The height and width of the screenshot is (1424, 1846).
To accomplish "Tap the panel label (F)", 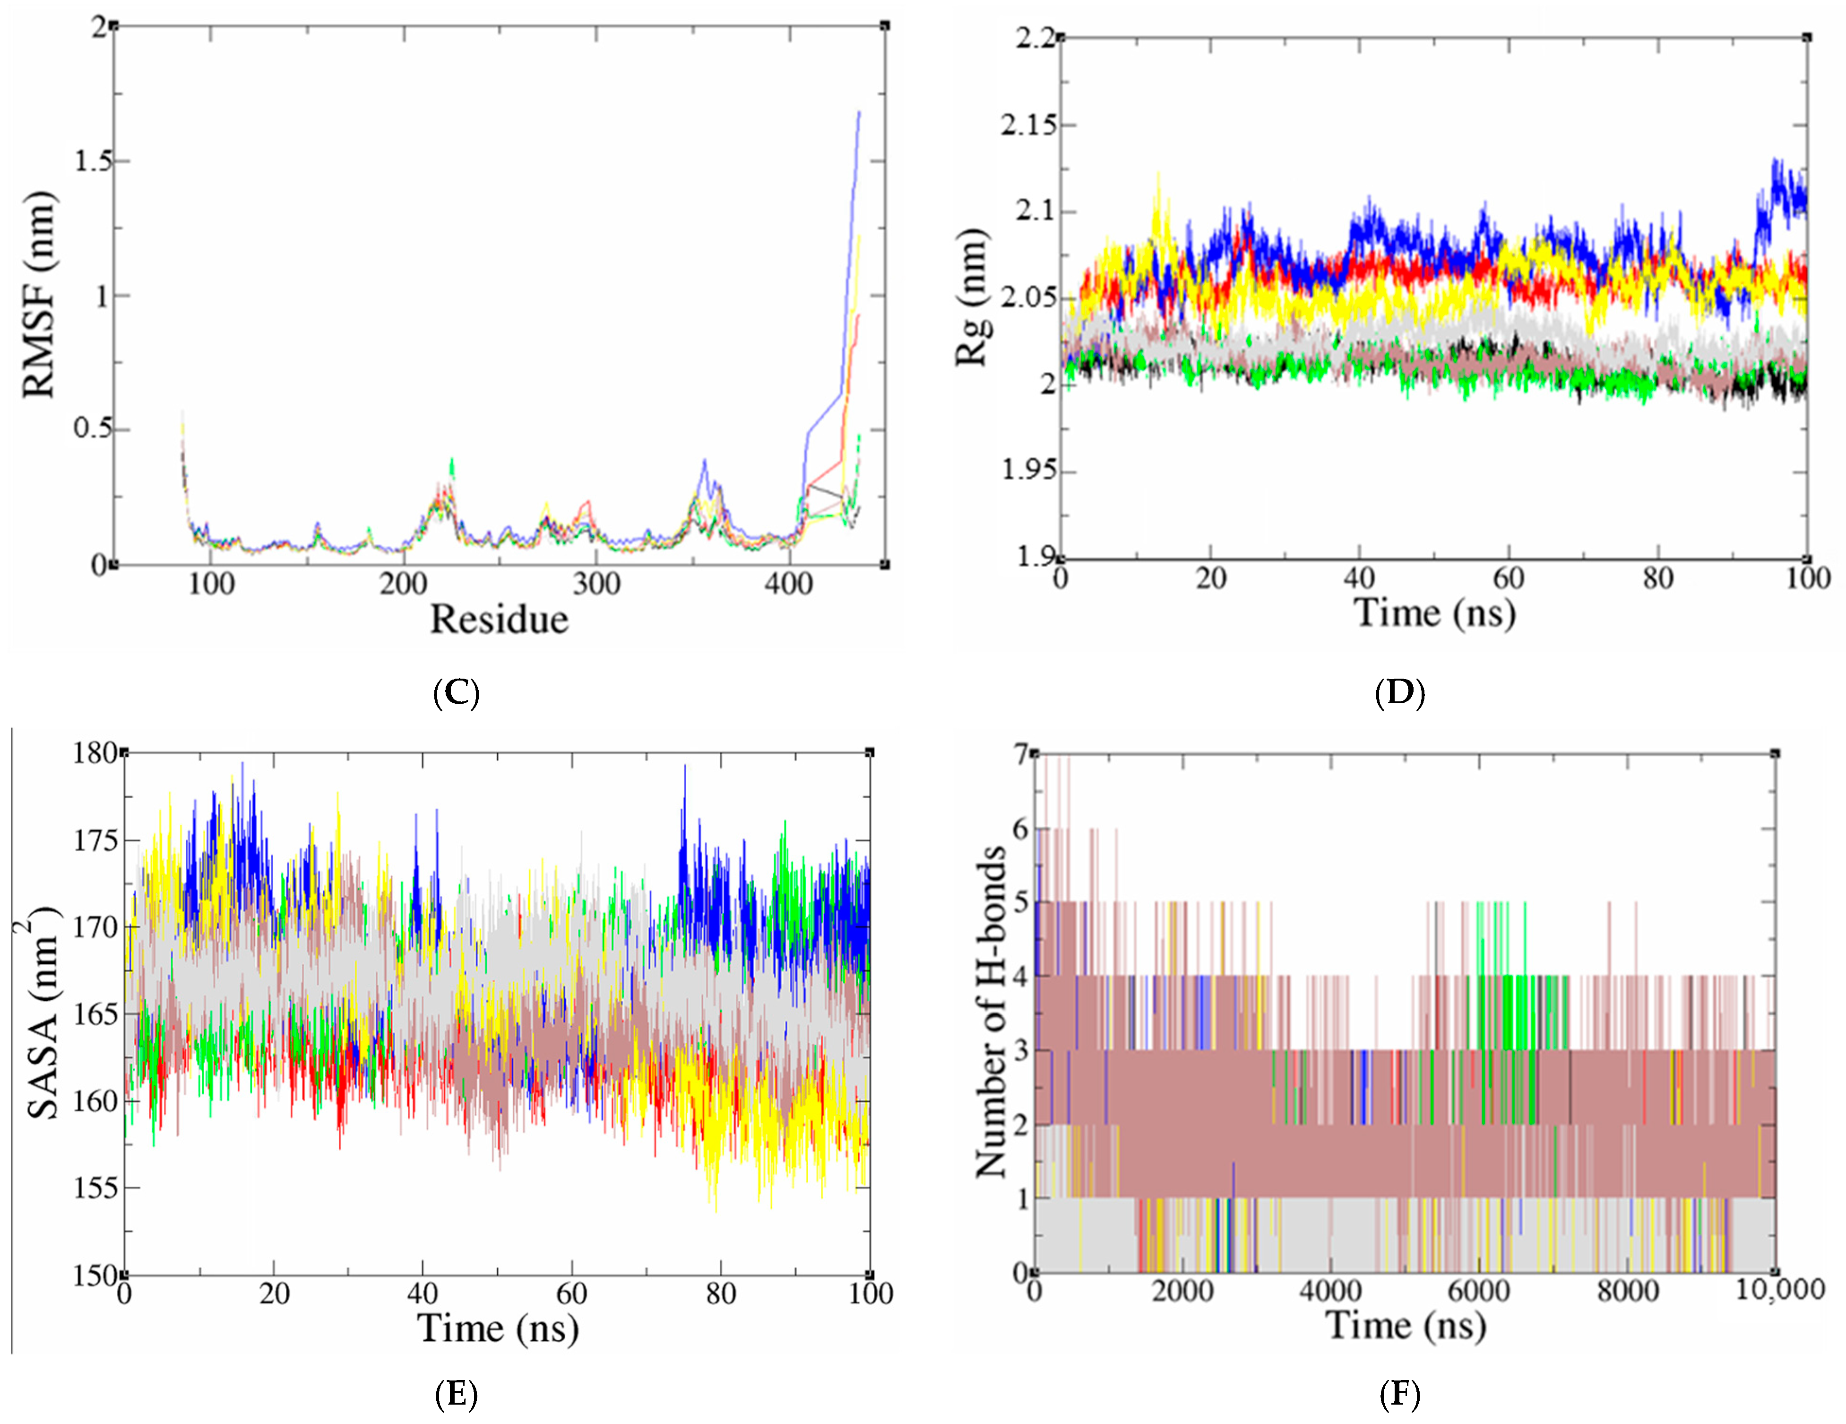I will pyautogui.click(x=1400, y=1394).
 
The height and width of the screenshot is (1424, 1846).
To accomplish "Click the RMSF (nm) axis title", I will pyautogui.click(x=40, y=294).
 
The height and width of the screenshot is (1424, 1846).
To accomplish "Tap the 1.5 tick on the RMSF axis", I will pyautogui.click(x=92, y=161).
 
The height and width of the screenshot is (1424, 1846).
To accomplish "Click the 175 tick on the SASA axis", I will pyautogui.click(x=95, y=841).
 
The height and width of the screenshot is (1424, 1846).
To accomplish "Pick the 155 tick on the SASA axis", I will pyautogui.click(x=95, y=1188).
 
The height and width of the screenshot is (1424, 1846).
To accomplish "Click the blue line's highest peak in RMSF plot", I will pyautogui.click(x=859, y=112).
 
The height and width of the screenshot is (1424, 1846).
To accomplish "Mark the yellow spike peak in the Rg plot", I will pyautogui.click(x=1158, y=174).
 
